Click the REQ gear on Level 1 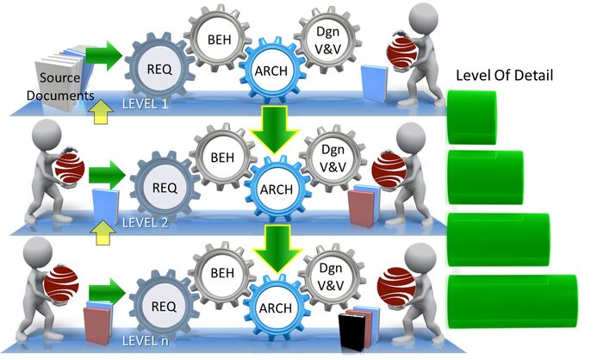point(159,69)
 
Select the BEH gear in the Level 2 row point(222,158)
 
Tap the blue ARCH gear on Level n point(276,307)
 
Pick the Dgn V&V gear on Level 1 point(327,40)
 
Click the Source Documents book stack point(61,79)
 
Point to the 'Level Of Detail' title point(505,75)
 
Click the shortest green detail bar point(471,117)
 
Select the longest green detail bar point(513,301)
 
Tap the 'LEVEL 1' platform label point(145,104)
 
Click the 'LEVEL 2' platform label point(145,223)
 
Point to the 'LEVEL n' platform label point(145,341)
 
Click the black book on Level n point(351,332)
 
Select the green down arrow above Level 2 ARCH point(274,130)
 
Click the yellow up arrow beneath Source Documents point(101,112)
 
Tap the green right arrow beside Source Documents point(103,56)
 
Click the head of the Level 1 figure point(423,17)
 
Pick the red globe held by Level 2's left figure point(70,169)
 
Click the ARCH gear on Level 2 point(277,189)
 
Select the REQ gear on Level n point(164,306)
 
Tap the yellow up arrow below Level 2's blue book point(103,233)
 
